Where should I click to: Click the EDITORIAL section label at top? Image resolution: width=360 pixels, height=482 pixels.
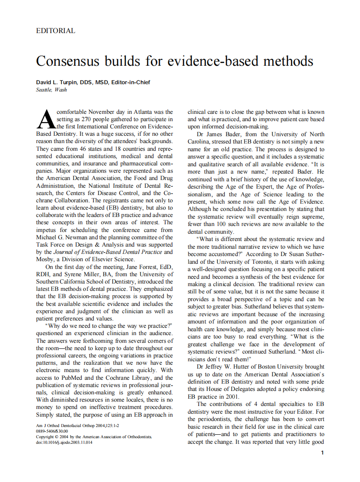click(x=56, y=31)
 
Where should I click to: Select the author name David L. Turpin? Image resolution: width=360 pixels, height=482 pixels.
click(x=54, y=82)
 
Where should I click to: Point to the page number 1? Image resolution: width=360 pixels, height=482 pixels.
click(x=322, y=453)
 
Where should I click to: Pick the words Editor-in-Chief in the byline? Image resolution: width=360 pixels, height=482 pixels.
click(x=131, y=82)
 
